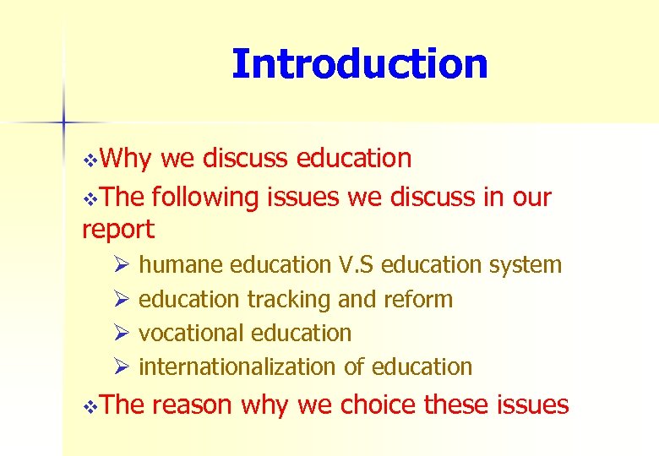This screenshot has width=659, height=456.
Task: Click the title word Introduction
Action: point(359,64)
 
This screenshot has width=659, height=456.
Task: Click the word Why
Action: point(127,158)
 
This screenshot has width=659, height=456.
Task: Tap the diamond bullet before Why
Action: point(92,160)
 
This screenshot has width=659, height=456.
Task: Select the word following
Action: point(207,198)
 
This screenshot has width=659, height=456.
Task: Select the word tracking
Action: point(289,299)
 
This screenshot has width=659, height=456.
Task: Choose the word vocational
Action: point(192,333)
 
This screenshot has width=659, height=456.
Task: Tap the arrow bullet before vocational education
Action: point(121,334)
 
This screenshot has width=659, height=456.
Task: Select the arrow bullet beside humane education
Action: point(121,266)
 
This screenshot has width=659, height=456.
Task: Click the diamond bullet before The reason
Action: point(92,406)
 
